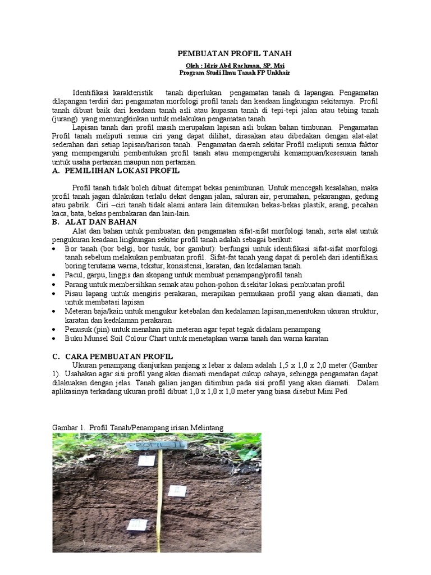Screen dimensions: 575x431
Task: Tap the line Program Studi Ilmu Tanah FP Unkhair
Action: (235, 73)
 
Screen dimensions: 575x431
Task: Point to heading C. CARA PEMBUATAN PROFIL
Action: (112, 357)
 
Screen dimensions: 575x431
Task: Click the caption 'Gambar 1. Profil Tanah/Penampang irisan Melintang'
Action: (137, 427)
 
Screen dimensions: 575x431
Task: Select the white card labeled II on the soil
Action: (178, 490)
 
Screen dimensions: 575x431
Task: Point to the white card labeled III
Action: (136, 524)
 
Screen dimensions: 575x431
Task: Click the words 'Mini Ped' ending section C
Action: (334, 391)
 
